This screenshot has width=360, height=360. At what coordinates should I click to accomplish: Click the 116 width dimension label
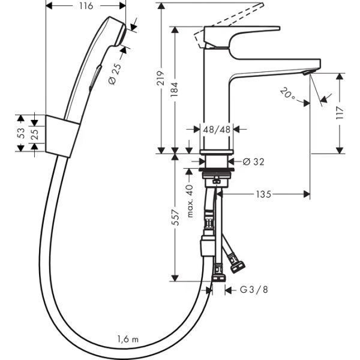click(x=86, y=6)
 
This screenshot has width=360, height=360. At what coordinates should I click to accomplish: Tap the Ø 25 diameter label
click(x=115, y=74)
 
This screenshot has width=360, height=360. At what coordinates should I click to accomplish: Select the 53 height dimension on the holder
click(x=20, y=133)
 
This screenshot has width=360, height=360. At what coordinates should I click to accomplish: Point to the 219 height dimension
click(x=160, y=78)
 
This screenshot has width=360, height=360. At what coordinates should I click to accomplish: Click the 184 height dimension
click(x=175, y=89)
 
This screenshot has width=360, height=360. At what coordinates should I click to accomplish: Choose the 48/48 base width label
click(x=217, y=130)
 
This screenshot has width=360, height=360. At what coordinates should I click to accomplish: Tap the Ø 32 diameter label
click(x=253, y=162)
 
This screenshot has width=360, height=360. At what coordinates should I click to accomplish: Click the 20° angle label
click(x=287, y=94)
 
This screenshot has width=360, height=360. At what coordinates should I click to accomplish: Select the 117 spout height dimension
click(x=340, y=113)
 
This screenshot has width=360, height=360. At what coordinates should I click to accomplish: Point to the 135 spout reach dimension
click(x=263, y=194)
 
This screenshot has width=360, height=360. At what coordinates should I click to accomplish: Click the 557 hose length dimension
click(x=176, y=217)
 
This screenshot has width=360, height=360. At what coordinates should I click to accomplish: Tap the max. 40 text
click(x=190, y=201)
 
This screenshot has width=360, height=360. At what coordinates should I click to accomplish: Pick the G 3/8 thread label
click(x=254, y=290)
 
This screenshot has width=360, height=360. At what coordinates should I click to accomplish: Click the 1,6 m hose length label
click(x=128, y=339)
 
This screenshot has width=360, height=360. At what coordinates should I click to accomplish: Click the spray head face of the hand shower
click(x=122, y=35)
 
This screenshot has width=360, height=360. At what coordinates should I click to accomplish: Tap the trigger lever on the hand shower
click(x=95, y=78)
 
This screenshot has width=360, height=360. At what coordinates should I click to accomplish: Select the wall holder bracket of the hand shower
click(x=62, y=136)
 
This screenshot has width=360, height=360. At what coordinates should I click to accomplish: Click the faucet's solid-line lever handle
click(x=242, y=37)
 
